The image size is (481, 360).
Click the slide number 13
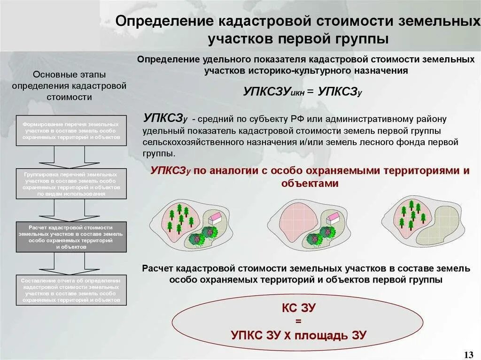[x=468, y=353]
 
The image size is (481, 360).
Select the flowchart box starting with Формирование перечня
[x=71, y=130]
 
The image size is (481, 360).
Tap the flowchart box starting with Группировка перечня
[x=71, y=184]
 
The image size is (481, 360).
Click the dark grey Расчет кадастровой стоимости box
[x=71, y=237]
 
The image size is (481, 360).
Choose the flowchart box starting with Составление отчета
[x=71, y=290]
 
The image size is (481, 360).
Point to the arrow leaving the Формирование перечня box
[x=71, y=157]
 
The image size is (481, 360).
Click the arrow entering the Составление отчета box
[x=71, y=263]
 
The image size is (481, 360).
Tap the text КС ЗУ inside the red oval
[x=298, y=308]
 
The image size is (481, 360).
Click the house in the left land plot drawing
[x=216, y=217]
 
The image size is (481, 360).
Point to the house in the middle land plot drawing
[x=333, y=217]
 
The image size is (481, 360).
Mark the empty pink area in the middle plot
[x=293, y=221]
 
